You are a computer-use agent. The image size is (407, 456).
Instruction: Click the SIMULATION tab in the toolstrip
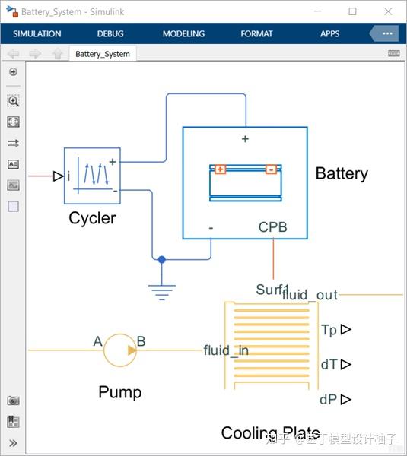point(37,34)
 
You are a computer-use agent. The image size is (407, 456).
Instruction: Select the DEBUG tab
point(110,34)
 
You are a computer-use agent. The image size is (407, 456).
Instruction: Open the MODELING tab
point(183,34)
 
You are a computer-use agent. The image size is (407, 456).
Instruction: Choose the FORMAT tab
point(256,34)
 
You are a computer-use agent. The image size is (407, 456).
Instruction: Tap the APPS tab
point(329,34)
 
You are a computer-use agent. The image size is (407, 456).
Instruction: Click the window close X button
point(389,11)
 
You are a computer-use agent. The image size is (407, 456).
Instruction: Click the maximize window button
point(352,11)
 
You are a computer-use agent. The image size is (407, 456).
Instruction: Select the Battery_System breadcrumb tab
point(102,54)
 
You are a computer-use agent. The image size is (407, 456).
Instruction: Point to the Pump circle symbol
point(120,350)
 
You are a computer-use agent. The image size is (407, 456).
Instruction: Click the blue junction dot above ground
point(161,260)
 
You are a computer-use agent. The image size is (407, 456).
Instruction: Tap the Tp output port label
point(329,330)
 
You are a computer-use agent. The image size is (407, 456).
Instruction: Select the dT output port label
point(329,365)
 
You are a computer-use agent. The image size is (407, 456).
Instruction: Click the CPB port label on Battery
point(272,227)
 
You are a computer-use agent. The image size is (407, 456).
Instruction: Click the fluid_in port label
point(226,350)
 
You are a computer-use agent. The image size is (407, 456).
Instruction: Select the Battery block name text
point(342,173)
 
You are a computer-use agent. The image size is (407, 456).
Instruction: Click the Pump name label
point(119,392)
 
